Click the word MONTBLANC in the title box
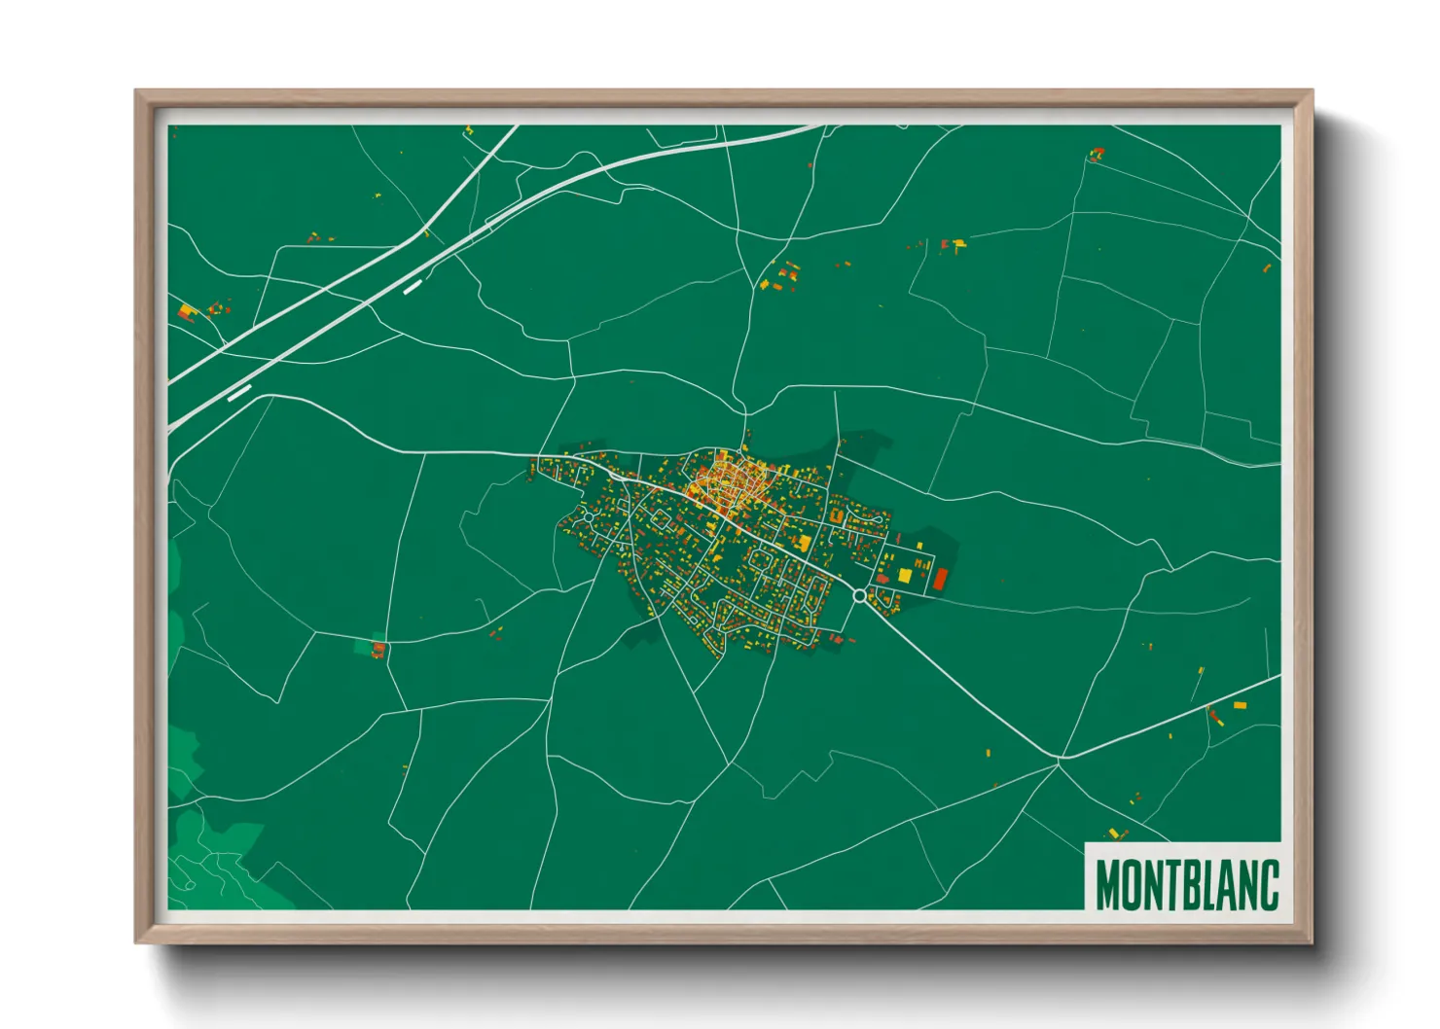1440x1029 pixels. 1186,884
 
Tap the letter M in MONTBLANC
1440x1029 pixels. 1109,884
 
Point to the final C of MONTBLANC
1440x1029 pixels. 1266,884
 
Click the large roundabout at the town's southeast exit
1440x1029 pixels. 859,594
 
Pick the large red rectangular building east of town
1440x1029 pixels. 940,580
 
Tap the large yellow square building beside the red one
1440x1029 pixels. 905,575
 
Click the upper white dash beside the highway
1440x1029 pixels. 413,286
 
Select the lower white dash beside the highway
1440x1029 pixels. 239,393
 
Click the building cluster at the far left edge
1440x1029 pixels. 187,312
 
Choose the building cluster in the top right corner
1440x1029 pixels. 1097,154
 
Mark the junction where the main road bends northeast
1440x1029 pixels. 1061,757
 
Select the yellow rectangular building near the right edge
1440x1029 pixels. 1240,705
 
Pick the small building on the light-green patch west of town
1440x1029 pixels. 378,648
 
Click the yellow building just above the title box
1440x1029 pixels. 1115,833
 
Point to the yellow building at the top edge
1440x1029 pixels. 468,129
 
